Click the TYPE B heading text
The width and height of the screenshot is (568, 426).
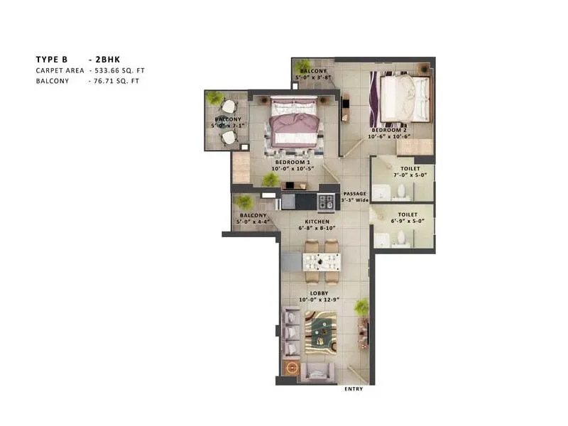coord(51,60)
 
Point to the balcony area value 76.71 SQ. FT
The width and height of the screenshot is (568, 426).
coord(114,82)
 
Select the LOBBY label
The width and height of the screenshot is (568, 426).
coord(317,293)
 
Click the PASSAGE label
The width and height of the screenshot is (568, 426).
coord(355,194)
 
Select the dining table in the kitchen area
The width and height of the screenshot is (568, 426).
coord(321,261)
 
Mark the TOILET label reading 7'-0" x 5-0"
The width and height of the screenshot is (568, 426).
coord(407,173)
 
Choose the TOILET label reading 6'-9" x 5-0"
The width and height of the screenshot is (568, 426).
coord(407,218)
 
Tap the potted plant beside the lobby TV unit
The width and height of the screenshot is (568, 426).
coord(362,307)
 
